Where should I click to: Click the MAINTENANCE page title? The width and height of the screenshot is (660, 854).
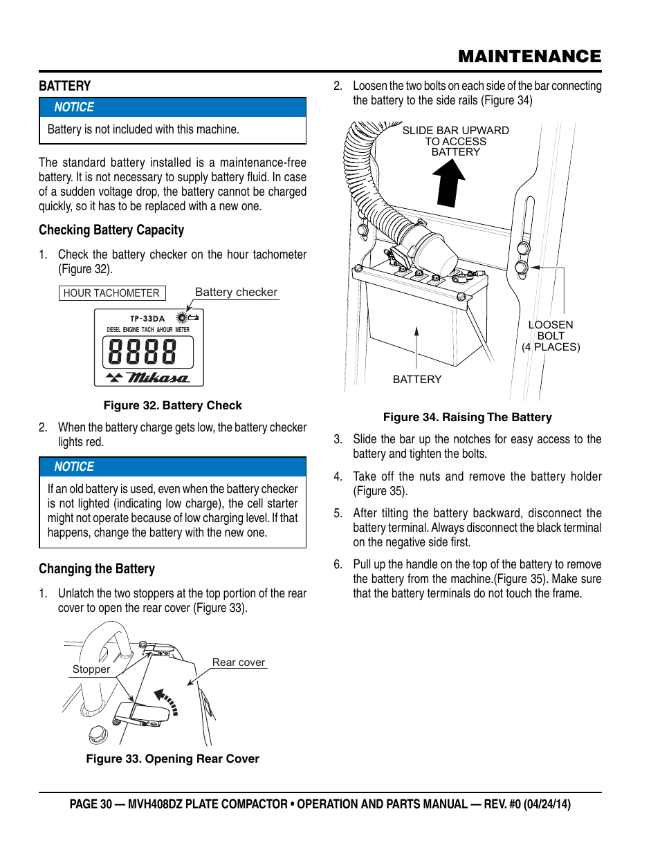529,57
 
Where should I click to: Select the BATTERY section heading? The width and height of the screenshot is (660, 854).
65,86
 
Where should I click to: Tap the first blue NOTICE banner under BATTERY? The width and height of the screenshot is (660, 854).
172,107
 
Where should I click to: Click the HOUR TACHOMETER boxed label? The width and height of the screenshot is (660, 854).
111,293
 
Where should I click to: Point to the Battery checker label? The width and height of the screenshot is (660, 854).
236,292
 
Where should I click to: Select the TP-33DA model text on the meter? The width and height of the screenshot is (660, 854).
147,319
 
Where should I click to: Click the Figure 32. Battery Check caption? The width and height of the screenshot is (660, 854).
172,405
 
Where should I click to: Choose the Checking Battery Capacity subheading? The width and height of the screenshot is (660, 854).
111,230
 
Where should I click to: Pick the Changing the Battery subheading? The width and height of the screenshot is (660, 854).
97,569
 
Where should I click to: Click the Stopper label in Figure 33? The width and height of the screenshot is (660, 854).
91,669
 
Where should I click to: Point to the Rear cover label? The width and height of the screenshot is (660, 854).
238,662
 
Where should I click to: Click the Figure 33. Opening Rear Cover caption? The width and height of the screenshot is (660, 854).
172,759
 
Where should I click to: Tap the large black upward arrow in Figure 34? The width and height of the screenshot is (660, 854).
448,183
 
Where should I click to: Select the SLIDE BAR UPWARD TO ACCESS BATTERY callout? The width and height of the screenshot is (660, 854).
455,141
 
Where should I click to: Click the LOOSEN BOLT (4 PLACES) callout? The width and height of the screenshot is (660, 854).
551,336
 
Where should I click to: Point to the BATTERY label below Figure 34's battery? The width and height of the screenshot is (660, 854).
416,379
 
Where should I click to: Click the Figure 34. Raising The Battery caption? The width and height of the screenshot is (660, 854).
467,417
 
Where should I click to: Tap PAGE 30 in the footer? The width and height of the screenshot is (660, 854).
91,804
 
